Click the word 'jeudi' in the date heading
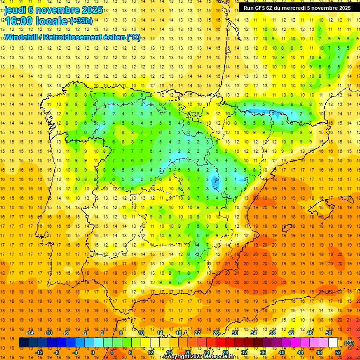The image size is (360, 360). (15, 9)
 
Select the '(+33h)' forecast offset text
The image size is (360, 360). (81, 21)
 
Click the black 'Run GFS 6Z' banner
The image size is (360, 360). (297, 8)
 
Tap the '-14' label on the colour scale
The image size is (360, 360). (30, 333)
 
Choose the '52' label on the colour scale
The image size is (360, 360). (337, 352)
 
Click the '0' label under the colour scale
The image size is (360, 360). (92, 352)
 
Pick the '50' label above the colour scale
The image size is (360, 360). (328, 333)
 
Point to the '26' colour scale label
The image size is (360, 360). (216, 333)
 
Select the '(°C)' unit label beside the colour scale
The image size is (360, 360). (349, 343)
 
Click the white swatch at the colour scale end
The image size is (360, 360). (333, 343)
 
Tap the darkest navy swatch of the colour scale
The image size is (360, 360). (24, 343)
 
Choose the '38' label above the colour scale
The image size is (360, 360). (272, 333)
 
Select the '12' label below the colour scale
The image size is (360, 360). (150, 352)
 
